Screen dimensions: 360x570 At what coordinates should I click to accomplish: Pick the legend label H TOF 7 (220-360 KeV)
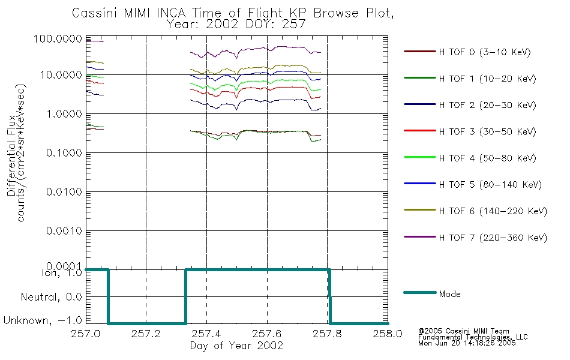pos(493,238)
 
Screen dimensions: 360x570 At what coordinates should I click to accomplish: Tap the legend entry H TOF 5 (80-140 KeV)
pos(490,185)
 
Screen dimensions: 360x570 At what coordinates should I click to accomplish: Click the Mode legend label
pos(450,294)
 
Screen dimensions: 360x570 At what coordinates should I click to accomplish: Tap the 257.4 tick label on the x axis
pos(206,334)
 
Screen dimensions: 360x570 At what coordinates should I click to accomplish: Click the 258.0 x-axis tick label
pos(388,334)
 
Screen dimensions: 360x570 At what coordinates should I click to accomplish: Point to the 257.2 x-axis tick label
pos(146,334)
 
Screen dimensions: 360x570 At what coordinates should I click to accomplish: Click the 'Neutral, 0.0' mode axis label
pos(52,296)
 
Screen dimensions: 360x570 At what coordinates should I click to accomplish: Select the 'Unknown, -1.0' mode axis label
pos(43,320)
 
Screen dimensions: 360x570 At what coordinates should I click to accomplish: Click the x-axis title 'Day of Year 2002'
pos(236,346)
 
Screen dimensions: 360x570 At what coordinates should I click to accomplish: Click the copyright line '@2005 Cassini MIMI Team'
pos(463,331)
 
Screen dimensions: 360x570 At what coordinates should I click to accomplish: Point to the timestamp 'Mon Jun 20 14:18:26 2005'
pos(467,344)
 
